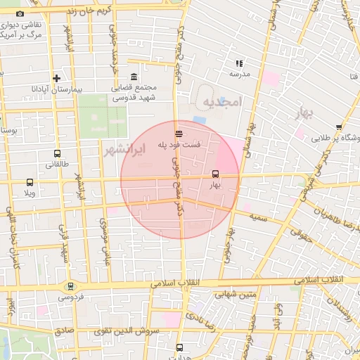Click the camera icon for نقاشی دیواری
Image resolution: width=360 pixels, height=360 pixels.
coord(19,14)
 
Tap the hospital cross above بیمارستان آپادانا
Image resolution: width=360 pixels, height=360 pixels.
coord(57,78)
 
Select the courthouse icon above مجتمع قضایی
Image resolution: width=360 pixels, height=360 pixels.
coord(134,77)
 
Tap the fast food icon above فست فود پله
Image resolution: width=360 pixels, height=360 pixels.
coord(179,132)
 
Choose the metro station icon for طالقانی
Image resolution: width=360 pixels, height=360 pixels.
coord(57,153)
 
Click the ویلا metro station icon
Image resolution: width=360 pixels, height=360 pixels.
coord(30,182)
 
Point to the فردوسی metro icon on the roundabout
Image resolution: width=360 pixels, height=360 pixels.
coord(70,286)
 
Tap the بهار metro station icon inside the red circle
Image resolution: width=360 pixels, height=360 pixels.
coord(215,174)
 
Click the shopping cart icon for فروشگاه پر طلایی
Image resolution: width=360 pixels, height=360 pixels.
coord(339,127)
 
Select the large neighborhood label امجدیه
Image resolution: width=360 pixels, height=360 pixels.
coord(221,103)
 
